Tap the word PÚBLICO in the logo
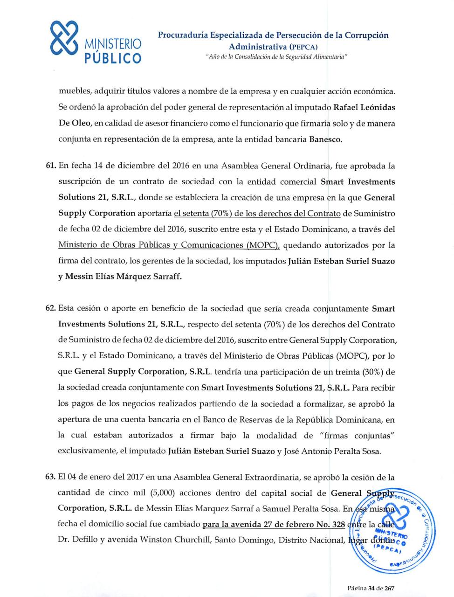coord(112,58)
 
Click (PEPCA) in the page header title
coord(303,47)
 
